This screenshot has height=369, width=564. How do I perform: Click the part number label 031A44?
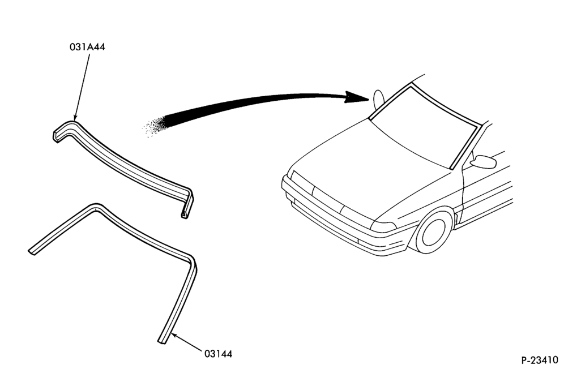87,47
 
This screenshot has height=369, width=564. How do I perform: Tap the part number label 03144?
219,354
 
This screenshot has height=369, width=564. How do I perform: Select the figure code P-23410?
540,359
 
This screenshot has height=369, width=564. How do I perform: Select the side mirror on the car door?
483,161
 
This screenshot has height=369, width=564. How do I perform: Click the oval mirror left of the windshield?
379,99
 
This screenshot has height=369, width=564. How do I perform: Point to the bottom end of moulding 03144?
163,340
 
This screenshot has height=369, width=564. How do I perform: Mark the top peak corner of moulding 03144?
95,207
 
